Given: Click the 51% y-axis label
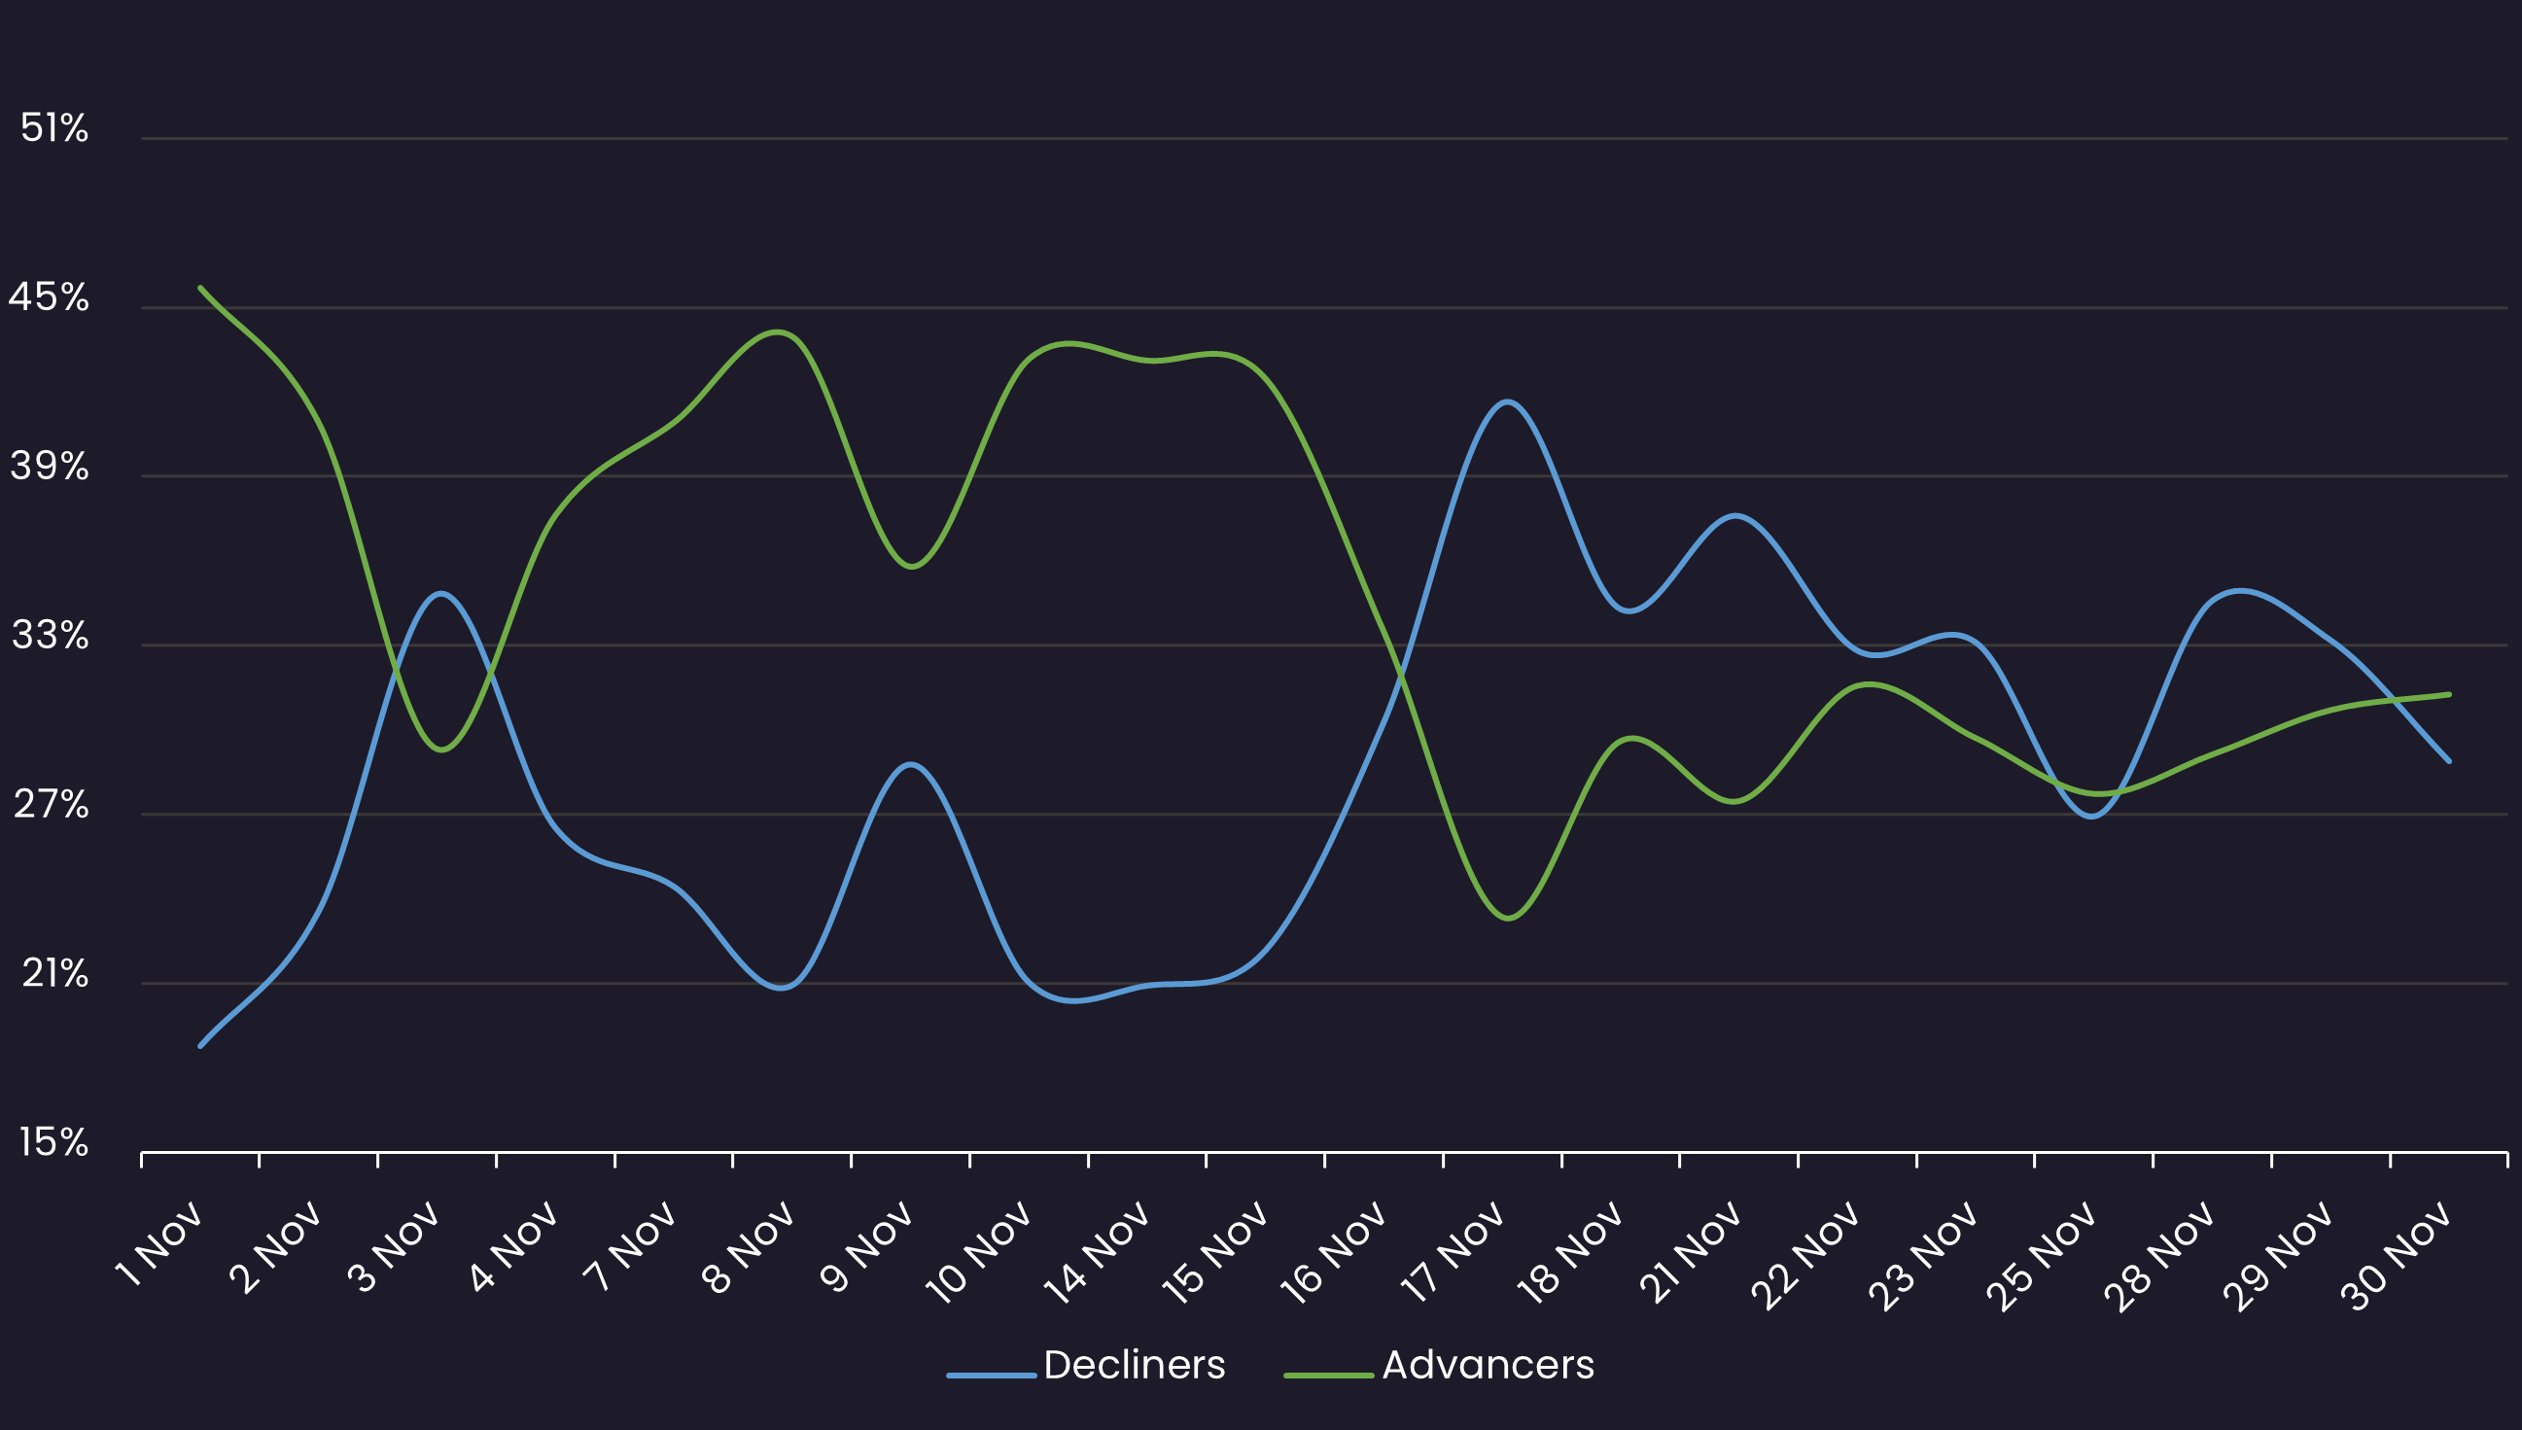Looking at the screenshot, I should coord(54,128).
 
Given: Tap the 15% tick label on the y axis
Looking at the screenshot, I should coord(54,1143).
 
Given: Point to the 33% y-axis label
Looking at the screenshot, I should coord(51,637).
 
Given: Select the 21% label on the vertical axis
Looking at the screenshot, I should coord(55,974).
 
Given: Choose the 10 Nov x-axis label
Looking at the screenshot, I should coord(979,1253).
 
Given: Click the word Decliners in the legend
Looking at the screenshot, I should coord(1135,1365).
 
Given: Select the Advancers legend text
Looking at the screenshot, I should coord(1488,1365).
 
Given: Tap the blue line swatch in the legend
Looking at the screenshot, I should coord(991,1375).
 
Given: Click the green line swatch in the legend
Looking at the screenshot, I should coord(1328,1375).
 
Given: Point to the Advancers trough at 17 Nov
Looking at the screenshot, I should coord(1509,919).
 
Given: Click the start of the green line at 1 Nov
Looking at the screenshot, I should coord(200,288).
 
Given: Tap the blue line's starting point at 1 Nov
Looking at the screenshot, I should coord(200,1046).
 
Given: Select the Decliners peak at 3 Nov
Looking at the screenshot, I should coord(441,593).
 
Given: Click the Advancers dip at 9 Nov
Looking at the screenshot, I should coord(912,567).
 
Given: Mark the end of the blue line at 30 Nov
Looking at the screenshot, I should coord(2449,761).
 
